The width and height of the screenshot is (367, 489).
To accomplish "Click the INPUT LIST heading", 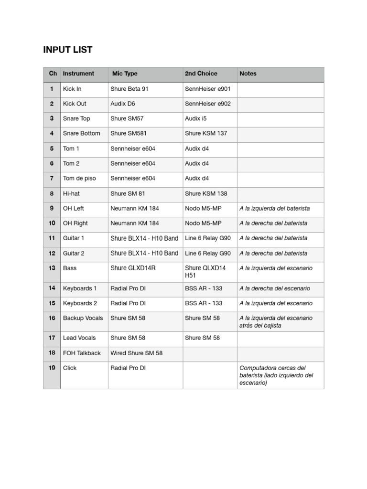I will click(x=68, y=50).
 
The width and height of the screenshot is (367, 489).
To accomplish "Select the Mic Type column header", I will click(x=125, y=74).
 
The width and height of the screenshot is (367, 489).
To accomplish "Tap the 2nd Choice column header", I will click(x=201, y=74).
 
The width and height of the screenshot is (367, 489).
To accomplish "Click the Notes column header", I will click(x=248, y=74).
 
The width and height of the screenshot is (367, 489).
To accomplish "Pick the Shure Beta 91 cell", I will click(x=130, y=89).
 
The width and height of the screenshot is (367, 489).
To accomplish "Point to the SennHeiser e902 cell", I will click(x=207, y=104).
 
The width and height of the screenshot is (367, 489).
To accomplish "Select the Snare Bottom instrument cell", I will click(x=82, y=133).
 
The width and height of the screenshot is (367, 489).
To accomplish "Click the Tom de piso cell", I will click(x=79, y=178).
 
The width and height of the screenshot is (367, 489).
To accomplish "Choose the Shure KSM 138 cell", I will click(x=206, y=193).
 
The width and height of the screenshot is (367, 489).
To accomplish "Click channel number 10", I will click(x=52, y=223).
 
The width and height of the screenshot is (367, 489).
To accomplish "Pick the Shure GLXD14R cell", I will click(x=133, y=268).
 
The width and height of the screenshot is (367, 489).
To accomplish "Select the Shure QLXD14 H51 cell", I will click(x=205, y=272).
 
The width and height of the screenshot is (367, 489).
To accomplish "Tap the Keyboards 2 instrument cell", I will click(x=80, y=303).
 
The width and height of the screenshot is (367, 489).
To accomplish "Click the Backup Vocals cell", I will click(x=83, y=318).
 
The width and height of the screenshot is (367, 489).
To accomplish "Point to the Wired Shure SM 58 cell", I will click(x=136, y=353).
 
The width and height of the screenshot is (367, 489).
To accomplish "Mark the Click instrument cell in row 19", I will click(x=70, y=368).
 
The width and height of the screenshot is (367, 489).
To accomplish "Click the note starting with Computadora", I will click(x=276, y=375).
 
